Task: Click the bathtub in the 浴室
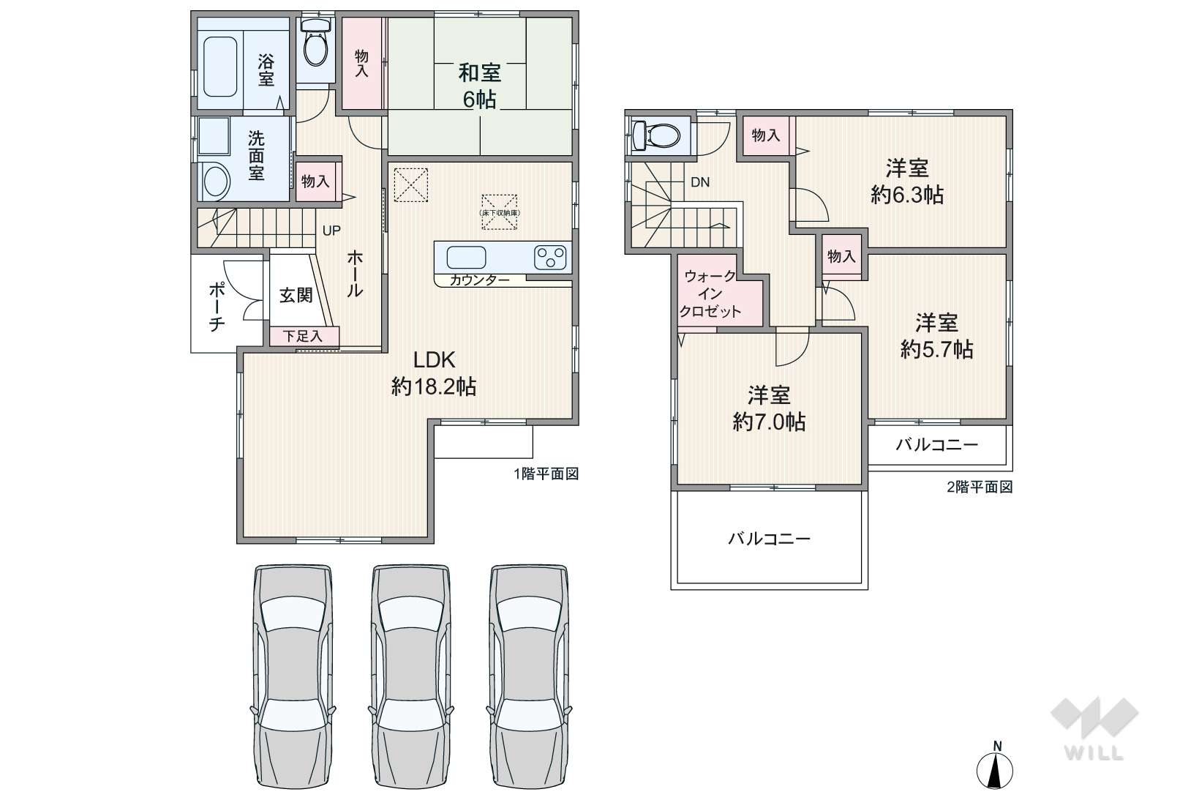220,67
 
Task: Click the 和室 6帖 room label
480,86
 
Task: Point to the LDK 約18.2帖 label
434,373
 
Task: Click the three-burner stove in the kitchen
549,258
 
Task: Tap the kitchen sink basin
466,258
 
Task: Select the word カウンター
480,280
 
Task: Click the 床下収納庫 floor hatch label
500,212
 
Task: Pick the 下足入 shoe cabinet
304,336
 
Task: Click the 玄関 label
296,295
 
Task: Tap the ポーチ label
217,307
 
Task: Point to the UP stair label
331,231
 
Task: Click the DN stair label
700,182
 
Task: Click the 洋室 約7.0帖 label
769,408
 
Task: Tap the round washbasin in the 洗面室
215,181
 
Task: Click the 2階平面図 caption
980,487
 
